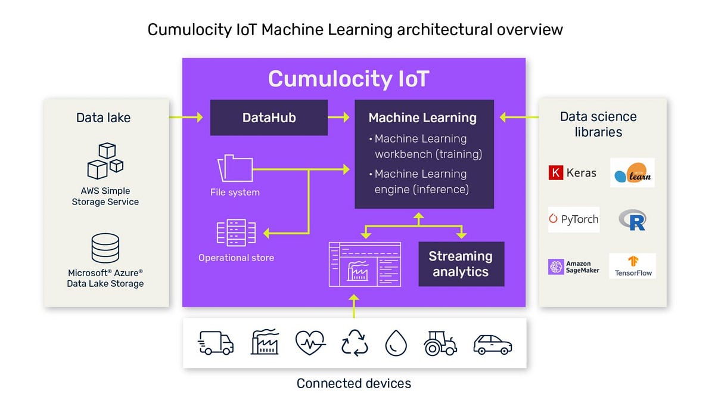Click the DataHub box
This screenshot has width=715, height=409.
[x=269, y=117]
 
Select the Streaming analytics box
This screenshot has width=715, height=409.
[x=461, y=264]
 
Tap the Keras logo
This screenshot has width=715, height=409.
[x=573, y=173]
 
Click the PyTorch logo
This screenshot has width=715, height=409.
[x=573, y=219]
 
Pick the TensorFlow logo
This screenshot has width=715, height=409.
[x=633, y=266]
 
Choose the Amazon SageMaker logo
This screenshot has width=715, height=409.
[x=573, y=267]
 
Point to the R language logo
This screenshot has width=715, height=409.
[x=633, y=220]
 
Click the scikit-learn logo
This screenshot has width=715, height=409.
[x=632, y=173]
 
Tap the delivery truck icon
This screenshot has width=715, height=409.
[x=215, y=343]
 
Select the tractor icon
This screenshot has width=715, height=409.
[x=440, y=343]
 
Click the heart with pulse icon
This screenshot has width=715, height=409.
[x=310, y=343]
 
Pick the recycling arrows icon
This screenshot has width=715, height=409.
[x=355, y=343]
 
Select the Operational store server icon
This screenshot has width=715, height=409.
[x=236, y=233]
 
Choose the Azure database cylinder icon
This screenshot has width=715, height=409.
[x=105, y=248]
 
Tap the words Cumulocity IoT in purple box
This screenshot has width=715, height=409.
[x=348, y=79]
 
